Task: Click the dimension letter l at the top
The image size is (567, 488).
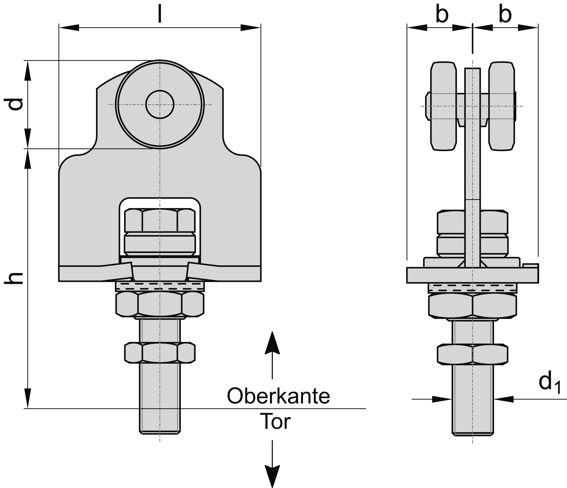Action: (160, 14)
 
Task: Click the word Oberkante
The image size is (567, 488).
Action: (278, 396)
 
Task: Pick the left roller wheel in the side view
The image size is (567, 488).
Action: (443, 106)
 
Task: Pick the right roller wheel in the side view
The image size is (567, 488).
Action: (502, 106)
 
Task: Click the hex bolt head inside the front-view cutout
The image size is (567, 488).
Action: (160, 221)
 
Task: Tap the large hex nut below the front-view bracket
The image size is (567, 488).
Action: (160, 304)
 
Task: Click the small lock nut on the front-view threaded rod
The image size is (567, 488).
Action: (160, 353)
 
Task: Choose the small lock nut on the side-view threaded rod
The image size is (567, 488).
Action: (472, 354)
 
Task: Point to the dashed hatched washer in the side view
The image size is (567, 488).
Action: (472, 287)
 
